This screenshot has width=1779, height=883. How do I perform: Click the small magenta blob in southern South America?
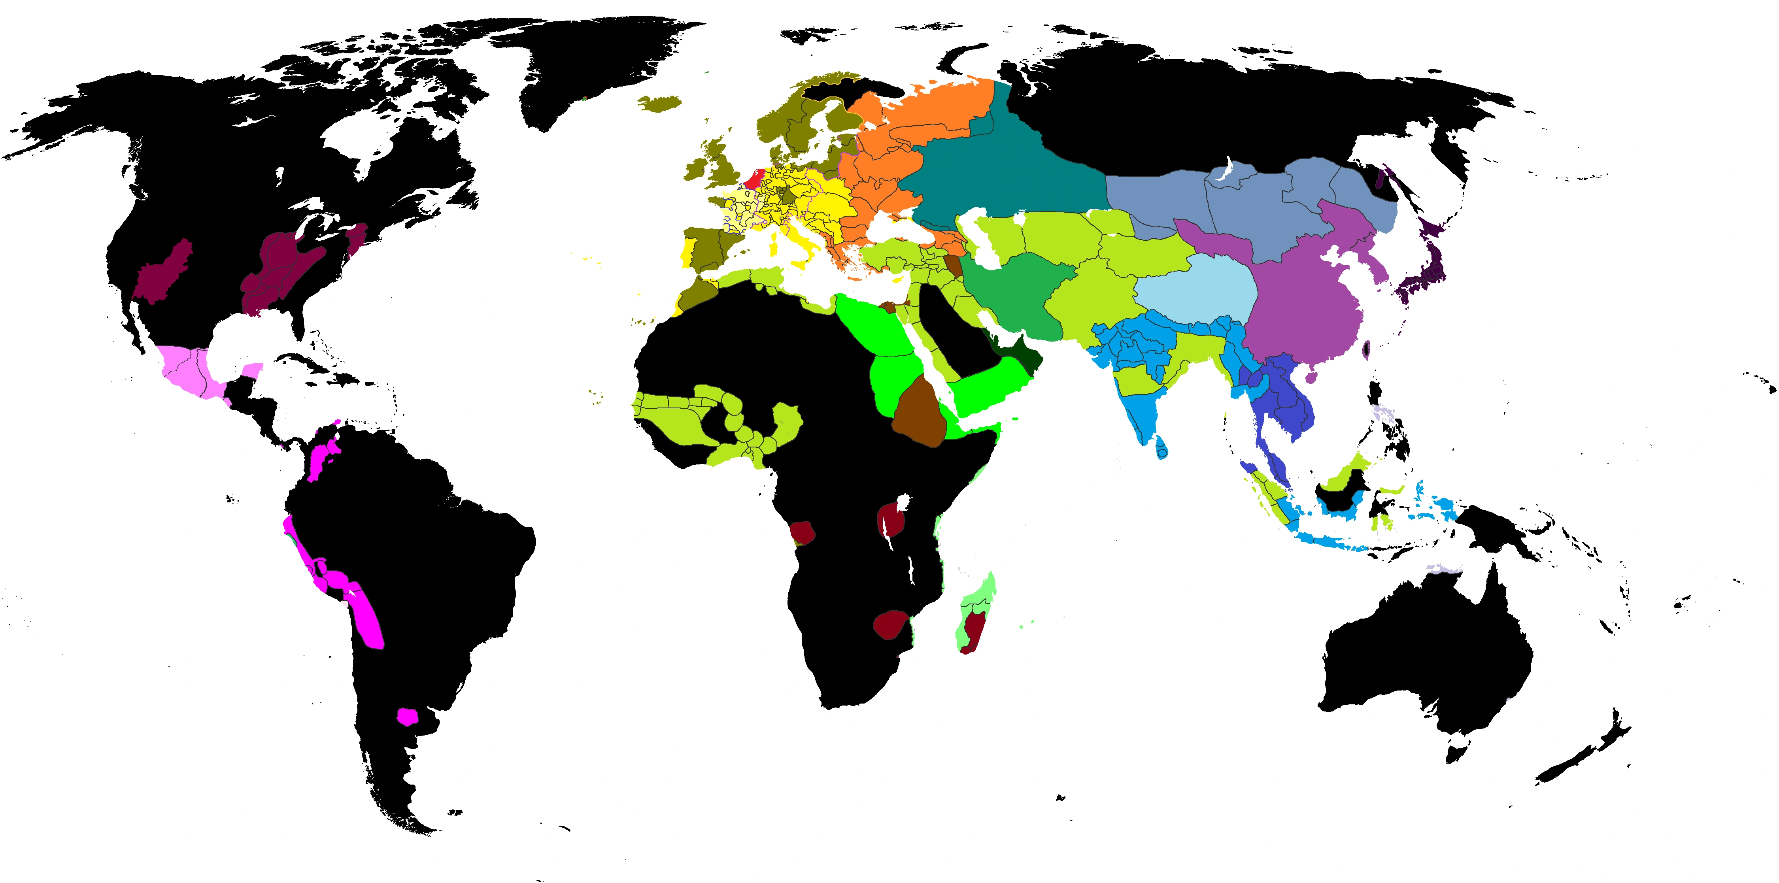tap(408, 716)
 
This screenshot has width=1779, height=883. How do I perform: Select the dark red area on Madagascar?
tap(974, 630)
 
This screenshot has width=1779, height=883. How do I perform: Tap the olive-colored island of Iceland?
tap(659, 104)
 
